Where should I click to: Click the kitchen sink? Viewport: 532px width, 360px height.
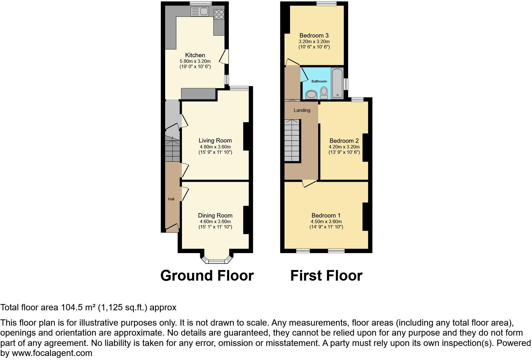(199, 12)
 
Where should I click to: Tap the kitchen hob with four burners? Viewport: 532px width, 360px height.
(219, 14)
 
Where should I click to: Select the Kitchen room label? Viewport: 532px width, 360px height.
(195, 55)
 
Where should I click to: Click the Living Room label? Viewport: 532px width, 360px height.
(215, 141)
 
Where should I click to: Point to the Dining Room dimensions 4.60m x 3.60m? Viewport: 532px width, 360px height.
(215, 222)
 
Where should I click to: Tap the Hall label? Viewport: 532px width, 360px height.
(171, 199)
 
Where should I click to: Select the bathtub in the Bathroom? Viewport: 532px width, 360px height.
(337, 82)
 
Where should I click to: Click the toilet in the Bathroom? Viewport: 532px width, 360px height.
(324, 92)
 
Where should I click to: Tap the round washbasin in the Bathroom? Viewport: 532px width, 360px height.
(311, 94)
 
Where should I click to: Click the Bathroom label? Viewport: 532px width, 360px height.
(319, 81)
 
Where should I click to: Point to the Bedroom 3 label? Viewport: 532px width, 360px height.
(314, 36)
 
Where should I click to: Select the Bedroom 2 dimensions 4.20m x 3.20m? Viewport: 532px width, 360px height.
(344, 147)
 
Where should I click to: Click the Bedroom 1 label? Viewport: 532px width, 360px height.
(326, 216)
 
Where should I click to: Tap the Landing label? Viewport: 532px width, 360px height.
(302, 110)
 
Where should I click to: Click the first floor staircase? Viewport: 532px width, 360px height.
(292, 141)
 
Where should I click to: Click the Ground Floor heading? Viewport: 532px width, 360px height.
(207, 276)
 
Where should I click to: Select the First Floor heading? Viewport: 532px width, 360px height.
(326, 276)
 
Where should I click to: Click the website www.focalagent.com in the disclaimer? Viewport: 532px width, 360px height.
(52, 353)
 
